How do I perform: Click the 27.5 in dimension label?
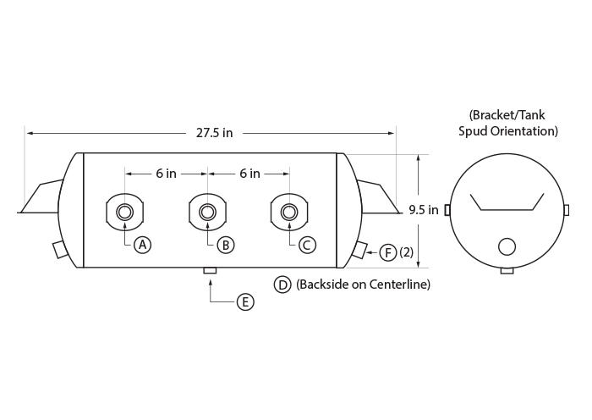pos(214,133)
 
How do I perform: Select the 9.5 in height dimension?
pos(424,210)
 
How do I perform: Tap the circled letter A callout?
pos(142,245)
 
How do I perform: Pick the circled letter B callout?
pos(226,245)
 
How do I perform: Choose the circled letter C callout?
pos(307,245)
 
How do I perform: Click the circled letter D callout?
pos(282,285)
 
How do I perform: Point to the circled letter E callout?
pos(245,302)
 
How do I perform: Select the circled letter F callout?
pos(388,252)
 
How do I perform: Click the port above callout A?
pos(124,212)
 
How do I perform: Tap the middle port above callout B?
pos(207,212)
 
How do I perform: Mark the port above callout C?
pos(289,212)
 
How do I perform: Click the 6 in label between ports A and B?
pos(166,174)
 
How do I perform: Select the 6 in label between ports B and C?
pos(249,174)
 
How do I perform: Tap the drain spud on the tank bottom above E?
pos(210,270)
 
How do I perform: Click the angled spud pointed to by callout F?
pos(359,250)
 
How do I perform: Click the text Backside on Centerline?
pos(363,285)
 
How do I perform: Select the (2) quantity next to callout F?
pos(407,252)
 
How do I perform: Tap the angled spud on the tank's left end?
pos(60,250)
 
